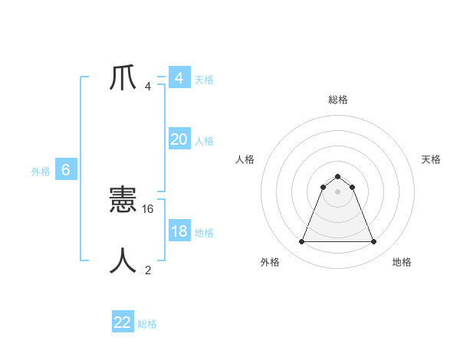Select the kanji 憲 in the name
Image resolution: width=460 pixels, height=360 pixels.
[x=123, y=201]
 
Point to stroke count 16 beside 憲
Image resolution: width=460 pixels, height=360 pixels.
[x=149, y=208]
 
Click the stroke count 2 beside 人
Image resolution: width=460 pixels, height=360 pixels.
[x=148, y=270]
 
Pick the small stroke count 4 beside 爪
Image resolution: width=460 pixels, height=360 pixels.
[x=148, y=87]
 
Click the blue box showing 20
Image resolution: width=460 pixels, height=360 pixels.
[x=179, y=139]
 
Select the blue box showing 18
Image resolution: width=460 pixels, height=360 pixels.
[x=179, y=231]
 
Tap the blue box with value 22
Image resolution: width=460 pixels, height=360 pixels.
[x=123, y=322]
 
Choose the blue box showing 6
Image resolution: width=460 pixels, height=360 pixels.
[x=66, y=170]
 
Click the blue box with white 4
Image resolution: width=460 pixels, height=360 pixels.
[x=179, y=78]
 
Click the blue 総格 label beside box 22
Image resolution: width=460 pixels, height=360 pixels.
[x=147, y=324]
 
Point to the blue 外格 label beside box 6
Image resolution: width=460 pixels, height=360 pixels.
[x=41, y=172]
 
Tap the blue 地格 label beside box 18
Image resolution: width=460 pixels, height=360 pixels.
[x=204, y=233]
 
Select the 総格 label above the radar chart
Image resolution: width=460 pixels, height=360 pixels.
[x=337, y=100]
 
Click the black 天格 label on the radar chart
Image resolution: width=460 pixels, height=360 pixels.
[x=431, y=159]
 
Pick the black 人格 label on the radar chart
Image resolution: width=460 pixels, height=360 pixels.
[x=245, y=159]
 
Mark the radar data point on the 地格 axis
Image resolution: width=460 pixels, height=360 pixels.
[x=373, y=242]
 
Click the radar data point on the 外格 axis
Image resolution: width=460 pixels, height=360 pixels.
[x=301, y=242]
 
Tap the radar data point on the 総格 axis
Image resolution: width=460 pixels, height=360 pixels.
[x=337, y=177]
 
